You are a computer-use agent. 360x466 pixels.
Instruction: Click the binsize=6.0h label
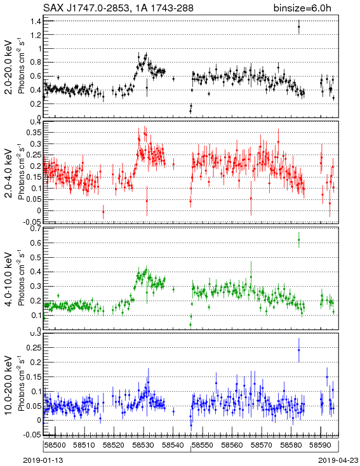pos(302,8)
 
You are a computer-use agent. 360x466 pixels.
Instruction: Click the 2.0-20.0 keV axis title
pos(10,67)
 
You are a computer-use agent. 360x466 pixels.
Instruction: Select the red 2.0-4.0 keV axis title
pos(10,173)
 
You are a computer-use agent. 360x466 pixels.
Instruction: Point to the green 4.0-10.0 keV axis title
pos(10,279)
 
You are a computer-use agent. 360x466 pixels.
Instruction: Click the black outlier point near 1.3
pos(299,27)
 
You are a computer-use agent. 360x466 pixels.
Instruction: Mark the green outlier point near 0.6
pos(299,240)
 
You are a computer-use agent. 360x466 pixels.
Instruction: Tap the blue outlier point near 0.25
pos(299,350)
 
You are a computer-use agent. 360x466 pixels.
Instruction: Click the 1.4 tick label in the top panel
pos(36,21)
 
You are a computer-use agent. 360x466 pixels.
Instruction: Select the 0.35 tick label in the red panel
pos(34,133)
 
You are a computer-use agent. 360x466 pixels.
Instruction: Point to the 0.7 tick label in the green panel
pos(36,229)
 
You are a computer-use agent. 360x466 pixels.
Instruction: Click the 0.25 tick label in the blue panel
pos(34,347)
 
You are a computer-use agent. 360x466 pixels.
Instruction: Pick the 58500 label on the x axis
pos(55,445)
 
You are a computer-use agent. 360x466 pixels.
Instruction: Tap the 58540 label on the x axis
pos(173,445)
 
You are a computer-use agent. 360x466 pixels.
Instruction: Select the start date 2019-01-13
pos(43,460)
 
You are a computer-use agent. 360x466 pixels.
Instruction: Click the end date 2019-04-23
pos(338,460)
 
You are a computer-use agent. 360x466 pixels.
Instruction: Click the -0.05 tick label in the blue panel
pos(33,434)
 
